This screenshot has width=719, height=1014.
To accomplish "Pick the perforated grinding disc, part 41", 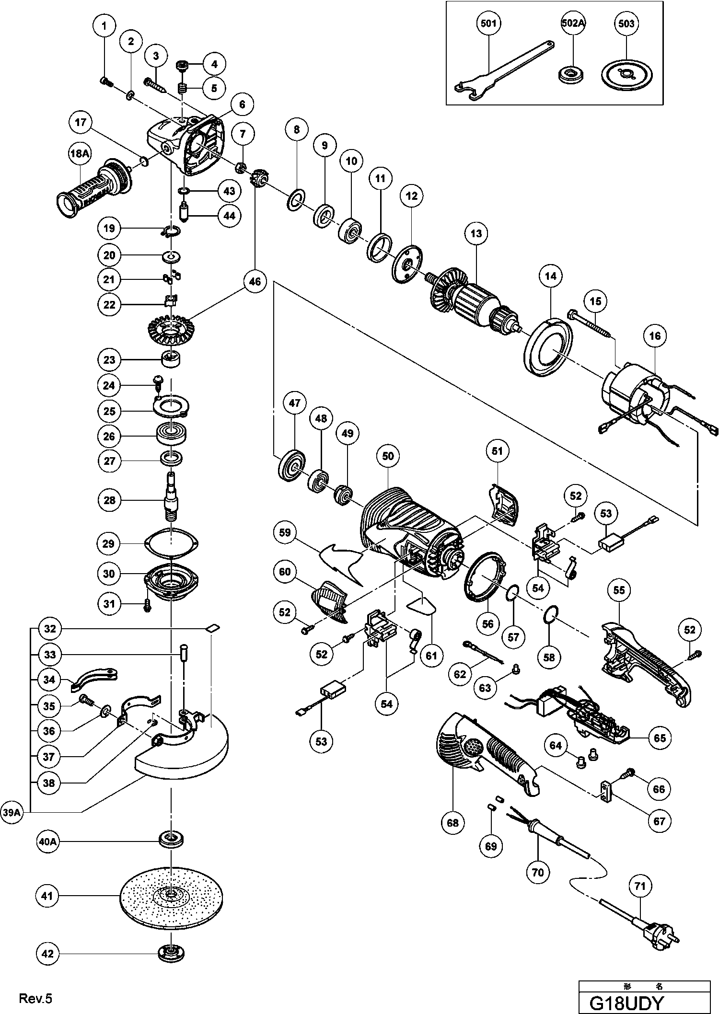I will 171,896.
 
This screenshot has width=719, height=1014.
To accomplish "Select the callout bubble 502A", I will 574,23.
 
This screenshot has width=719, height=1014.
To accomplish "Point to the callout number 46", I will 255,281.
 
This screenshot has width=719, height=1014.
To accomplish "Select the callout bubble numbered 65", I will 660,737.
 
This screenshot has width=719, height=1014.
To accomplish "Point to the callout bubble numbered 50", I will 387,456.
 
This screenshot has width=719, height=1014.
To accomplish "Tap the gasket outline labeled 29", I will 171,544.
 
